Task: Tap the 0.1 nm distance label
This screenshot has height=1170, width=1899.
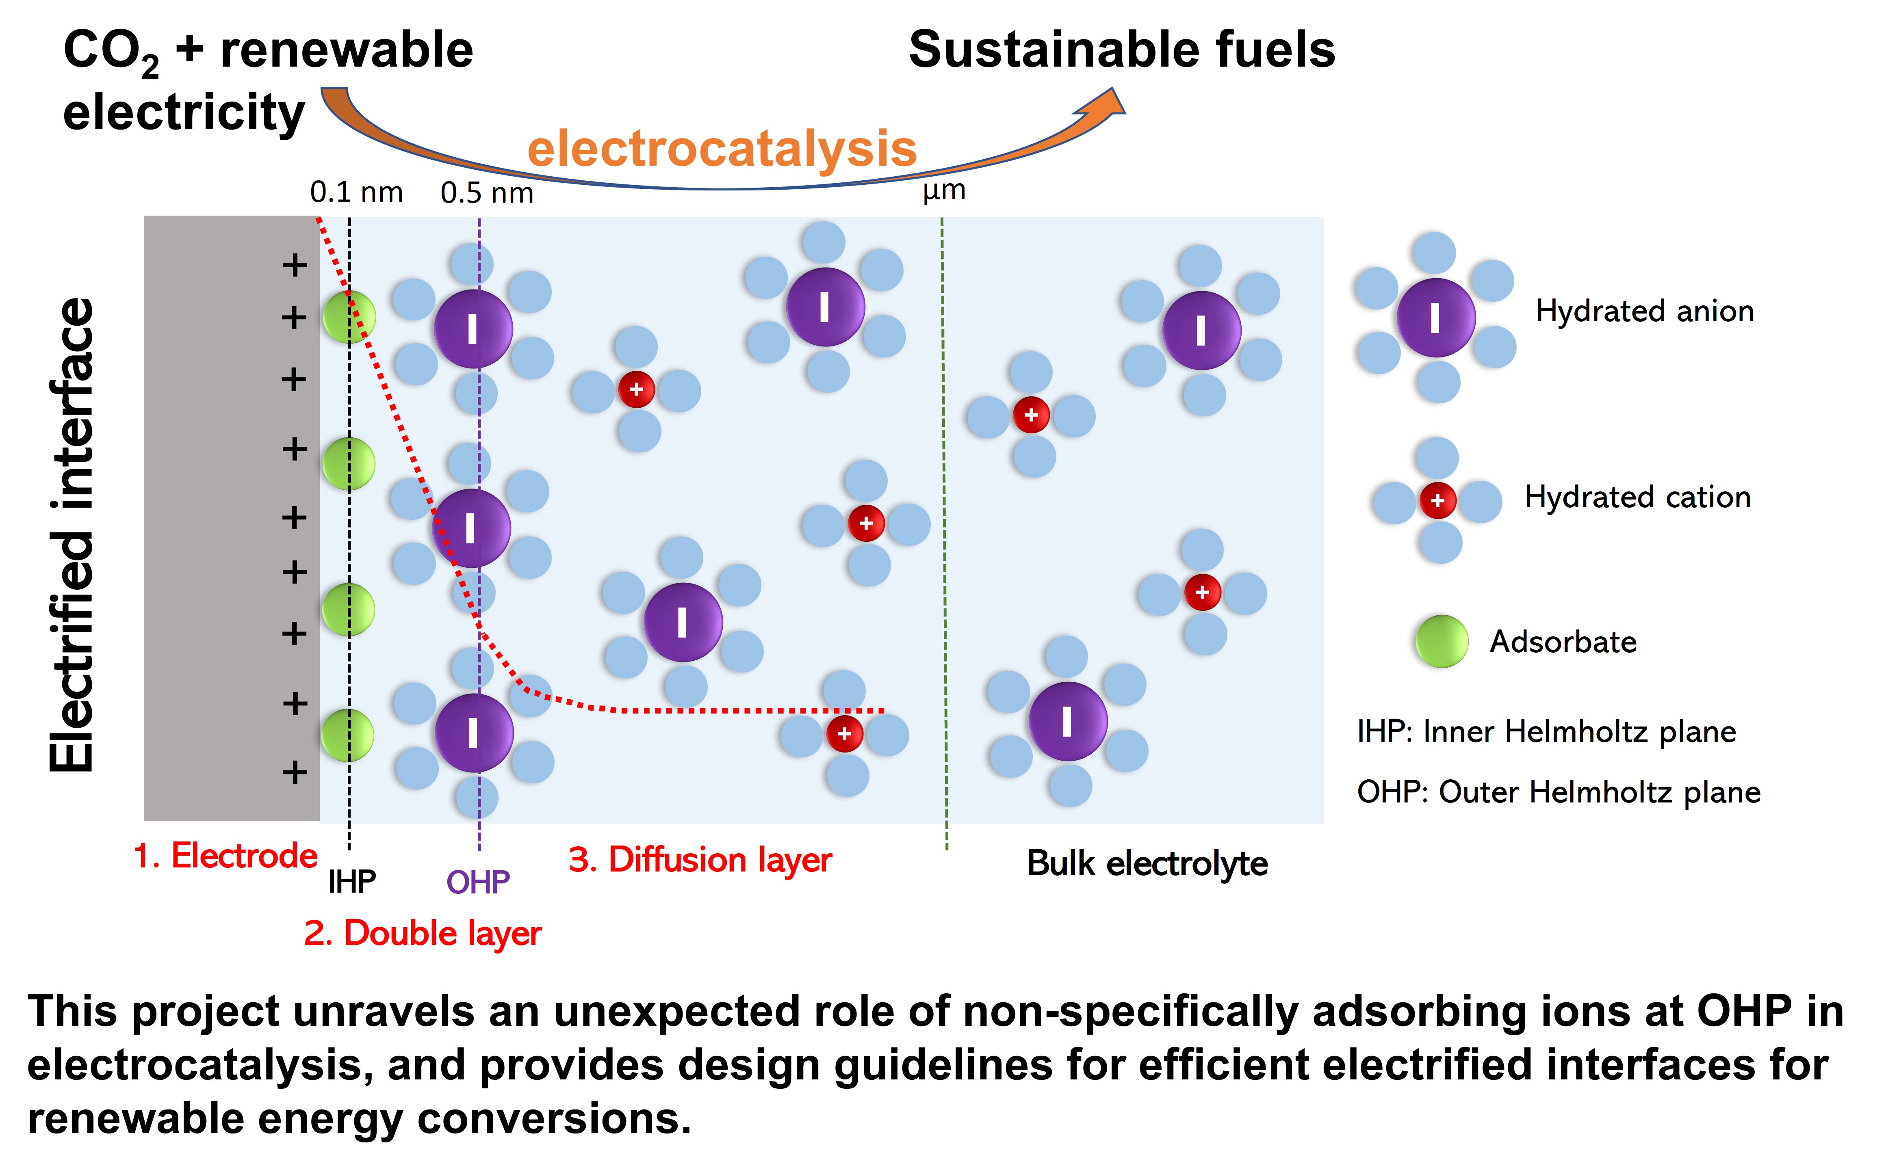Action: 356,192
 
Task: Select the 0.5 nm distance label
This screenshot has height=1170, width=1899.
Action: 487,192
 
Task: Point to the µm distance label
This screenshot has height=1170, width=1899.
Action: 944,190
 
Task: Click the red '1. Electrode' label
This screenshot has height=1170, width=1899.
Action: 225,856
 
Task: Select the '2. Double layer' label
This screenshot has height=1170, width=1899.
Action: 423,933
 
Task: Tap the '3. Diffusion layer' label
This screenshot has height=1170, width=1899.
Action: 700,860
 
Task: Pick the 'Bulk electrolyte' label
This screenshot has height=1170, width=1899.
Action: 1147,863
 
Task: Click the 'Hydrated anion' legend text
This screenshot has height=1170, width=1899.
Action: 1644,311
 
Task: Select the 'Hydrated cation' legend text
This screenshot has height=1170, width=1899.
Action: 1637,497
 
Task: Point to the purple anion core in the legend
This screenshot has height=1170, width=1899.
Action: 1436,317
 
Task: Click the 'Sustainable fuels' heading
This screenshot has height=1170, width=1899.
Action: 1122,50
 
